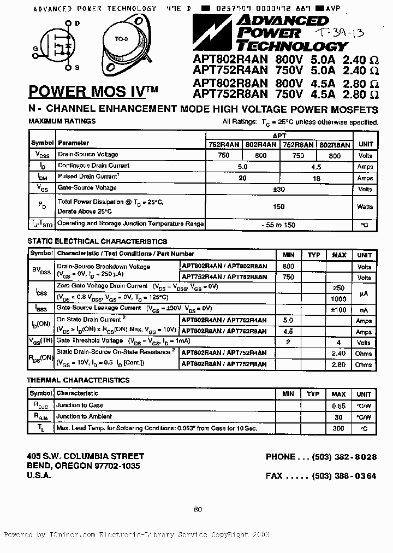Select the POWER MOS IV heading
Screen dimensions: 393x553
tap(92, 90)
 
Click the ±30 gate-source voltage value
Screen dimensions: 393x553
tap(279, 189)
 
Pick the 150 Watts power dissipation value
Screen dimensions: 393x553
tap(279, 207)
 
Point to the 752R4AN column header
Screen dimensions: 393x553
tap(223, 145)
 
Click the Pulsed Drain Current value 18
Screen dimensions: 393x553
tap(316, 178)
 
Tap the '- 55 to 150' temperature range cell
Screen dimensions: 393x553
tap(279, 225)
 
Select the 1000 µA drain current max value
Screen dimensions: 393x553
tap(338, 299)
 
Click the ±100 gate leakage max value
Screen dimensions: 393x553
tap(338, 310)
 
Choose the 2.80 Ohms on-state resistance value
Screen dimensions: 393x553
tap(338, 364)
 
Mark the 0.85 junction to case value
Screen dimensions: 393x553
tap(338, 406)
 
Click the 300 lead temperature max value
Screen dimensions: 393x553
tap(338, 428)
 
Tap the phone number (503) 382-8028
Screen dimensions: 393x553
tap(344, 457)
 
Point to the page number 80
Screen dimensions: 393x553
tap(198, 509)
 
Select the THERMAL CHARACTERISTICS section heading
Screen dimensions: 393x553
tap(78, 380)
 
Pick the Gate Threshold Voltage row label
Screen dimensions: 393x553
tap(90, 341)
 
